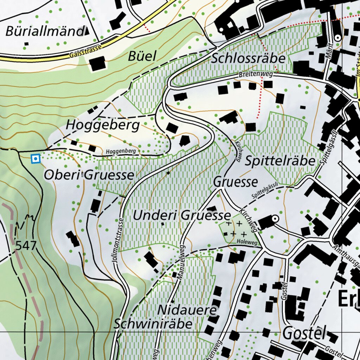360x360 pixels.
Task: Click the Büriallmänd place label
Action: pos(44,31)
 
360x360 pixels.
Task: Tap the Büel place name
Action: pos(142,56)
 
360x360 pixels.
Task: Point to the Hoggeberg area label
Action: pos(103,125)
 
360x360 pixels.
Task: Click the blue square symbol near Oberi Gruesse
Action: pos(35,159)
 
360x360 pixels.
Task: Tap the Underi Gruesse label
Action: pos(182,215)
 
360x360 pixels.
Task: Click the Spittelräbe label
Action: pos(280,161)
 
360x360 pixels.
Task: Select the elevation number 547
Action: pos(26,245)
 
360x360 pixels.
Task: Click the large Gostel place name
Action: pos(304,332)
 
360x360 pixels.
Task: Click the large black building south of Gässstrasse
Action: pos(97,64)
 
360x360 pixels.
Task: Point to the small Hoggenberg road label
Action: pos(120,151)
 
